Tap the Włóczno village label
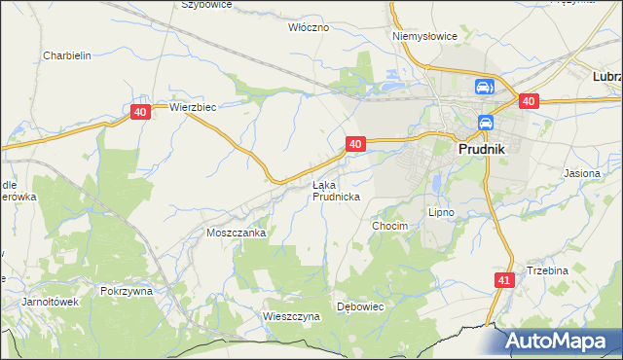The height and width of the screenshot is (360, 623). tap(309, 27)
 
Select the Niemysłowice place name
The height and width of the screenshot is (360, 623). tap(424, 36)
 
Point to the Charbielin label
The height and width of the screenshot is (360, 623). tap(67, 55)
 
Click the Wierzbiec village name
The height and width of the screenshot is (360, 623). tap(192, 107)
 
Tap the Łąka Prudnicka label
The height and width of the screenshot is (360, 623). tap(337, 190)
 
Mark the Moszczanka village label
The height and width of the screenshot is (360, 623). tap(237, 234)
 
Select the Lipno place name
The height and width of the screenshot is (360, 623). tap(441, 211)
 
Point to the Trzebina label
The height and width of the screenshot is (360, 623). tap(547, 270)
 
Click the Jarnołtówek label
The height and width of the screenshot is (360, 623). tap(50, 302)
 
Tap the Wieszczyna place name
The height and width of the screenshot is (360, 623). tap(291, 316)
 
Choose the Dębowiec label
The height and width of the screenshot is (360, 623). tap(361, 306)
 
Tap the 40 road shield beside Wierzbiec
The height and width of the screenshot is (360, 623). tap(140, 113)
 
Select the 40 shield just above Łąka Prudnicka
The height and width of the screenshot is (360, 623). tap(354, 144)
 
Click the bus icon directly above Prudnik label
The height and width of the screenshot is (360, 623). tap(485, 124)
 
